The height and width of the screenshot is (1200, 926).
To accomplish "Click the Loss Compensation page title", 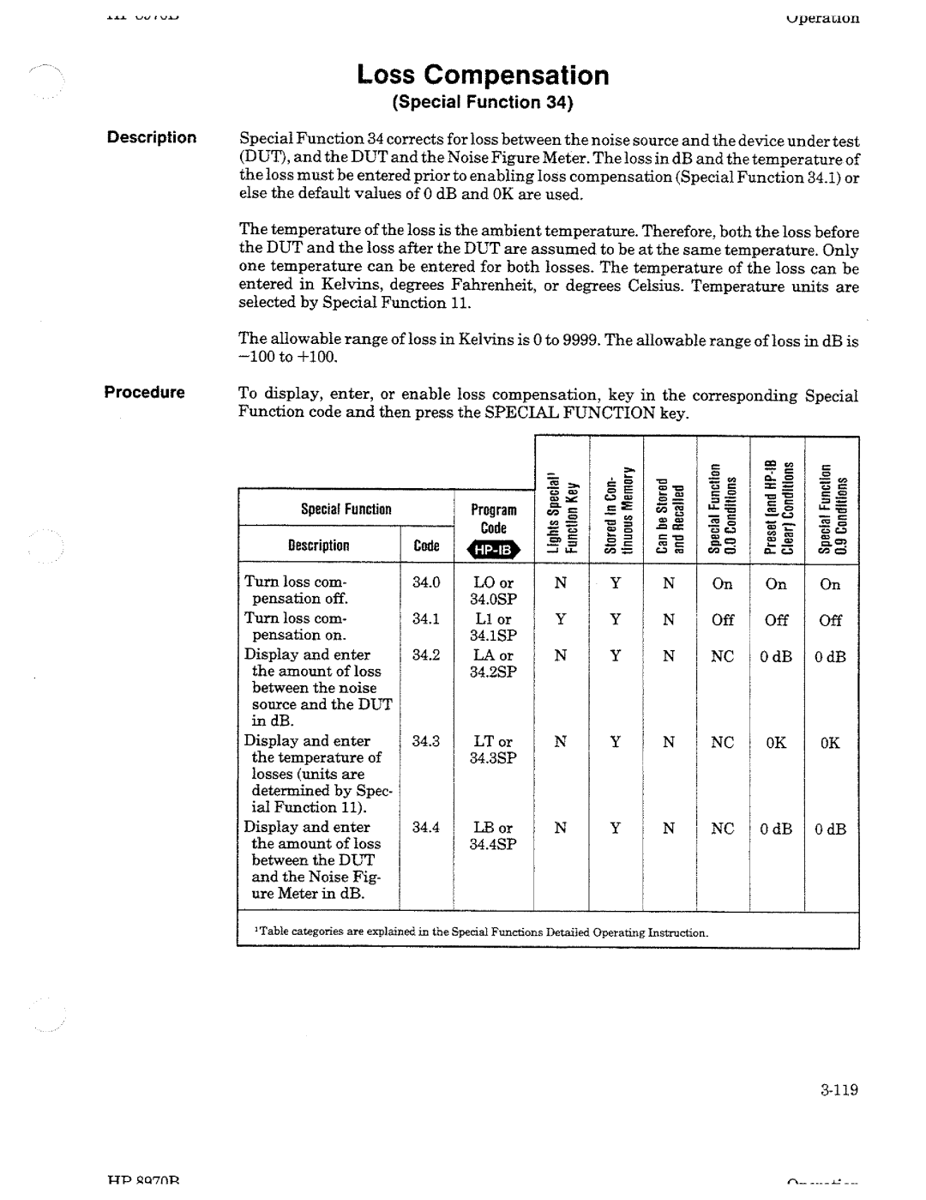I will click(x=483, y=75).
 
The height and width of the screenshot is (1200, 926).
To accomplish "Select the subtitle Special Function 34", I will click(x=482, y=104).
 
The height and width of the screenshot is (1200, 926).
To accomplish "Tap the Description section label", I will click(x=152, y=137).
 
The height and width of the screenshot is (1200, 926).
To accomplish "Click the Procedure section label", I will click(x=145, y=392).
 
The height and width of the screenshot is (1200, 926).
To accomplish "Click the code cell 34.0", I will click(x=426, y=582).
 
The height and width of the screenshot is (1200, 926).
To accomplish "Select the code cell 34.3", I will click(x=426, y=740).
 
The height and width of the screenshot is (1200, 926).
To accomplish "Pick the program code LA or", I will click(x=494, y=655).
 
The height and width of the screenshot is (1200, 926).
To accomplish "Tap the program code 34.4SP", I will click(x=493, y=844).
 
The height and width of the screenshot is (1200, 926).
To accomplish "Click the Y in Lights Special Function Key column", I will click(x=561, y=618).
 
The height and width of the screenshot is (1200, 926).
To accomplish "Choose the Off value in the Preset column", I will click(x=776, y=619).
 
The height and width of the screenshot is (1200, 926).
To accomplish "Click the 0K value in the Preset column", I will click(x=776, y=742).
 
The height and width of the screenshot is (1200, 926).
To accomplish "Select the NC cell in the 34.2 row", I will click(x=723, y=656).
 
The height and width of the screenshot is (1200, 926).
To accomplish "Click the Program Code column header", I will click(x=494, y=519).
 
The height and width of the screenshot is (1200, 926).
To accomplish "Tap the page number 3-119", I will click(x=838, y=1090).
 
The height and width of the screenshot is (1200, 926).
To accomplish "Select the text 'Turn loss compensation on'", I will click(x=296, y=626).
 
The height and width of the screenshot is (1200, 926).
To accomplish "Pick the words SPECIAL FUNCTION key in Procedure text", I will click(x=581, y=412).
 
